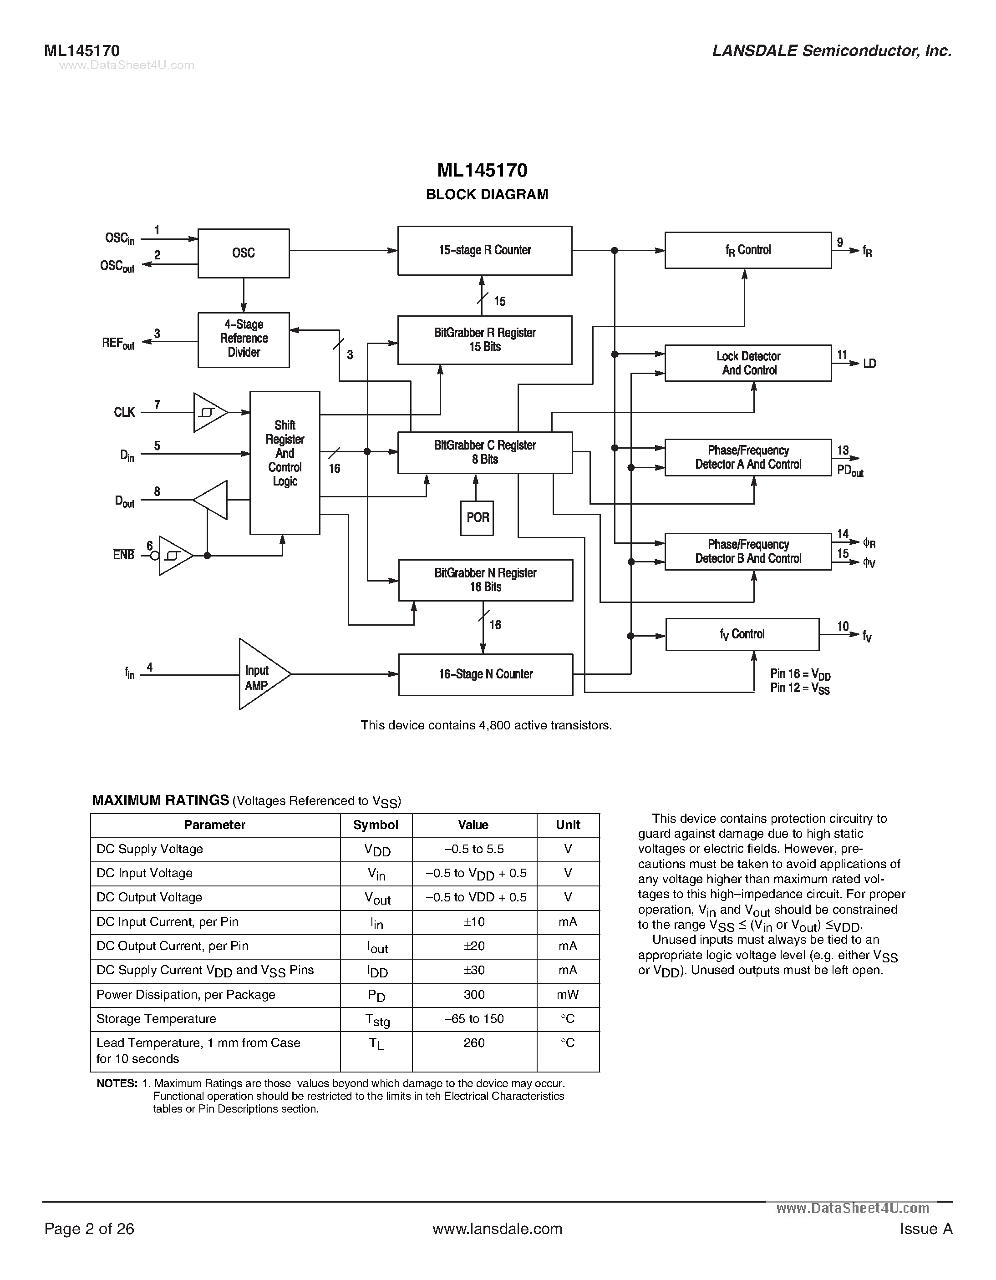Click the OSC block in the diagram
(x=243, y=253)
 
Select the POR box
(x=477, y=517)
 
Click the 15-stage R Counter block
(x=485, y=250)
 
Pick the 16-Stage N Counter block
(x=485, y=674)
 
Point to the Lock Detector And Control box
(x=748, y=364)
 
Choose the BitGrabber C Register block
(x=485, y=452)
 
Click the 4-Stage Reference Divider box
(x=243, y=339)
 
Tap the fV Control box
(x=742, y=634)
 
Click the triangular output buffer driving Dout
(x=212, y=500)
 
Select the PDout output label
(x=849, y=471)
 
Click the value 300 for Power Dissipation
(x=474, y=995)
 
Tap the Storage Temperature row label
(x=156, y=1019)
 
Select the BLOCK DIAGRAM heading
(x=487, y=195)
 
